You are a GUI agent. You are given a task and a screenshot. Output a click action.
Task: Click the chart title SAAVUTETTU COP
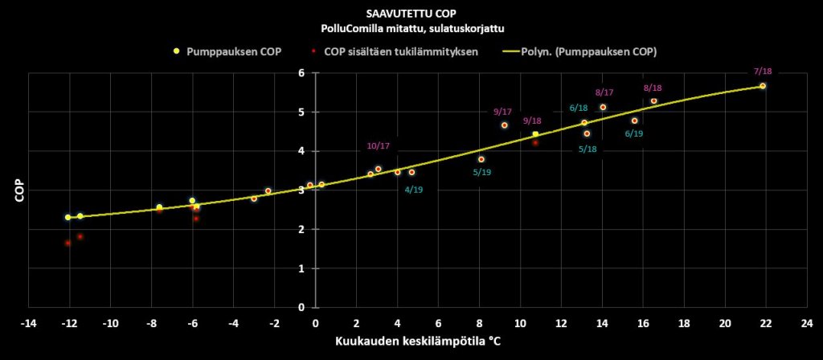point(411,14)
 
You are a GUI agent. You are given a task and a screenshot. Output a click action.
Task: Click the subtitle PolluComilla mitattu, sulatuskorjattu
point(411,29)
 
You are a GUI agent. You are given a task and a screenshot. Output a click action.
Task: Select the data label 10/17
point(378,145)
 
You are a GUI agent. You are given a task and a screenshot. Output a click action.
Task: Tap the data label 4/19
point(415,190)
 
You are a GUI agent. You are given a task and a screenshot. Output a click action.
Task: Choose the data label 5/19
point(481,172)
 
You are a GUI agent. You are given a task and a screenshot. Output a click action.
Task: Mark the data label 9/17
point(503,112)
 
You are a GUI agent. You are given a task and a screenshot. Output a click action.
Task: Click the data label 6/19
point(633,133)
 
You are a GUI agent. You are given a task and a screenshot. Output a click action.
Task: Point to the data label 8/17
point(604,92)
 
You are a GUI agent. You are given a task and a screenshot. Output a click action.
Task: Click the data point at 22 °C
point(763,86)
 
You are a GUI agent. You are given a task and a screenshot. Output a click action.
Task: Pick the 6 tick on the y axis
point(301,73)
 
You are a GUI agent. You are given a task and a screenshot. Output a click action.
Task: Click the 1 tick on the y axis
point(301,268)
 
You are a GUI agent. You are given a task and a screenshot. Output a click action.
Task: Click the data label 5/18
point(588,149)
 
